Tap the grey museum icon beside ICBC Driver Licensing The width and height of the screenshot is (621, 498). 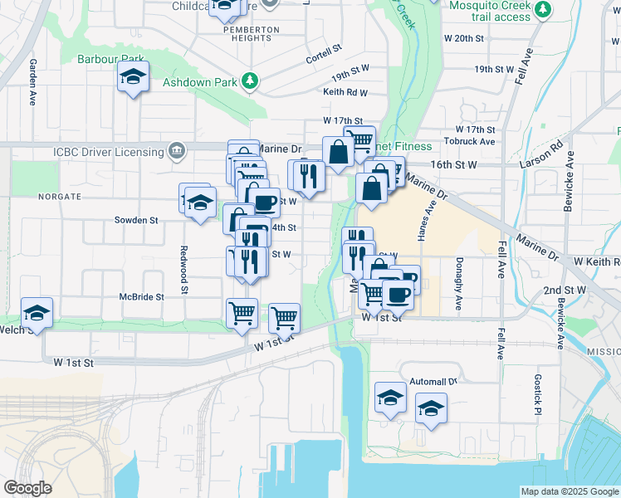tap(176, 151)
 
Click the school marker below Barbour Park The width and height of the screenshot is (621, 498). tap(133, 78)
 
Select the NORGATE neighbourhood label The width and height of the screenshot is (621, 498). tap(59, 197)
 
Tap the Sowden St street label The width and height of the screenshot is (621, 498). tap(136, 221)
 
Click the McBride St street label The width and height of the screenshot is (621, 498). tap(142, 295)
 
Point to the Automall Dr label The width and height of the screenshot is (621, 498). tap(434, 382)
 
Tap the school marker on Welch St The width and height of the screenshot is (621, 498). tap(37, 314)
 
